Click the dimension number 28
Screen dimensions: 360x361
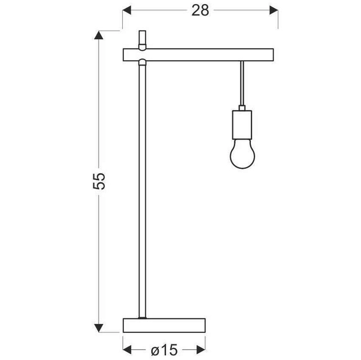pyautogui.click(x=200, y=10)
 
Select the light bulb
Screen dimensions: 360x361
pyautogui.click(x=242, y=154)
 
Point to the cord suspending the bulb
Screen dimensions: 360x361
pyautogui.click(x=242, y=84)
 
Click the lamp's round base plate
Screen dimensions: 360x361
pyautogui.click(x=164, y=325)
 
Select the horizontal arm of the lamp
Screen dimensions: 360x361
pyautogui.click(x=199, y=55)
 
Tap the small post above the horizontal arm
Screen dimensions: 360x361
pyautogui.click(x=142, y=39)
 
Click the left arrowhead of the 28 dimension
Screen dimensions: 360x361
pyautogui.click(x=127, y=10)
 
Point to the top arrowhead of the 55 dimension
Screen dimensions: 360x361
pyautogui.click(x=100, y=35)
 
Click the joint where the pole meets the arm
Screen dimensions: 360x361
pyautogui.click(x=142, y=62)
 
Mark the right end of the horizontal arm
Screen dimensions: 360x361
pyautogui.click(x=273, y=55)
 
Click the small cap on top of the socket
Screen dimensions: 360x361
pyautogui.click(x=242, y=108)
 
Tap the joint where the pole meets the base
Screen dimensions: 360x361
pyautogui.click(x=142, y=317)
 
